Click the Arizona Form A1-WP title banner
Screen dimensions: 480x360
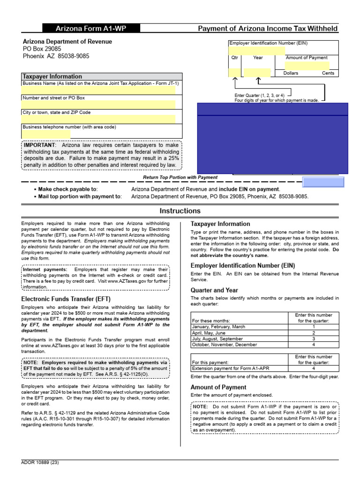point(91,29)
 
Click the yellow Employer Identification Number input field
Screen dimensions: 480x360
point(256,51)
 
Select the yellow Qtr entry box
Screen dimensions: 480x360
point(234,73)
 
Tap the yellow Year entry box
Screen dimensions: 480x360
point(257,73)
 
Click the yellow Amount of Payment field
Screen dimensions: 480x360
point(307,65)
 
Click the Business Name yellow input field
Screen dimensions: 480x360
point(98,90)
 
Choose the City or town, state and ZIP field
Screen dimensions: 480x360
point(98,119)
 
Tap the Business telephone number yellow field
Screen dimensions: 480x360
point(46,134)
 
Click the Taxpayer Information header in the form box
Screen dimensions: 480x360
point(52,76)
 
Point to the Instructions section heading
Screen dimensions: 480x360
point(180,211)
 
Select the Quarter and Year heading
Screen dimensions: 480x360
point(214,290)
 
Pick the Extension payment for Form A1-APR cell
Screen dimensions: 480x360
point(224,368)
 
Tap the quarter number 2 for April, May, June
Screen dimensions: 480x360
point(314,333)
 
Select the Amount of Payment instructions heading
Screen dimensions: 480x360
point(218,387)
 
